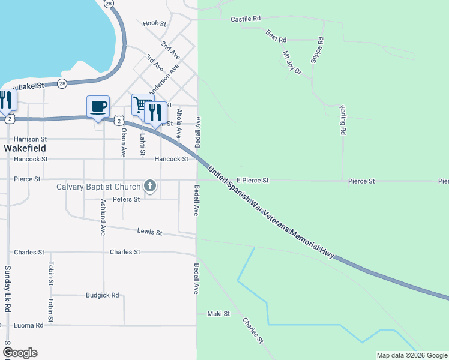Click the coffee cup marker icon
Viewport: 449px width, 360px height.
pos(98,107)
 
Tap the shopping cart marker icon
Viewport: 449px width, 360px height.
pos(141,105)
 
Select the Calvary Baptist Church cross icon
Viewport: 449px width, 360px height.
pos(150,187)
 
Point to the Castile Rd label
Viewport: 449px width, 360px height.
pos(246,19)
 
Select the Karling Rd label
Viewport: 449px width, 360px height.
pos(343,119)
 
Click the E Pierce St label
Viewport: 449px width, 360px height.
pos(252,180)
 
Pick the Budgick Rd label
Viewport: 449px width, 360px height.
pos(102,295)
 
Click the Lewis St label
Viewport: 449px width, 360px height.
pos(149,231)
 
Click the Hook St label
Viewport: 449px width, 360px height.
pos(154,23)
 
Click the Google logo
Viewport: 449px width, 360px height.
pos(19,352)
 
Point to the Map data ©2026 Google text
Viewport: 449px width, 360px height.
pos(411,355)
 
